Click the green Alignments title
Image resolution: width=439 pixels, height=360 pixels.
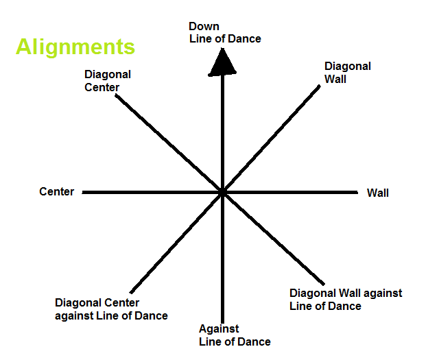pos(75,47)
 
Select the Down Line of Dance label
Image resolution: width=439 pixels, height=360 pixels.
pos(225,32)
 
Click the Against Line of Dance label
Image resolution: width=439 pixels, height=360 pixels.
pos(235,335)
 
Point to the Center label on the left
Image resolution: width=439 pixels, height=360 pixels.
pos(57,192)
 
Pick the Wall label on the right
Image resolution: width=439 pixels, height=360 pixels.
pos(378,193)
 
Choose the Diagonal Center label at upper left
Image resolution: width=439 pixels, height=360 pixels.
pos(107,80)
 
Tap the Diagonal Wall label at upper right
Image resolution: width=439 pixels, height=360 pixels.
pos(347,73)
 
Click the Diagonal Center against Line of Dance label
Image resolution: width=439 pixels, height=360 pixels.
pos(111,309)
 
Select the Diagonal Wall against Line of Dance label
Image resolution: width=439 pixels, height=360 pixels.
pos(346,300)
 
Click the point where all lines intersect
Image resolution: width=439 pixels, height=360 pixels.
pos(223,193)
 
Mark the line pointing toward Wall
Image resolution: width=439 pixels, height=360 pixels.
pos(295,193)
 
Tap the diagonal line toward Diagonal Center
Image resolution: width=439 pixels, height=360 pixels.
pos(168,141)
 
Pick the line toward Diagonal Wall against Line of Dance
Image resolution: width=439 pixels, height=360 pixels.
pos(274,241)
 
